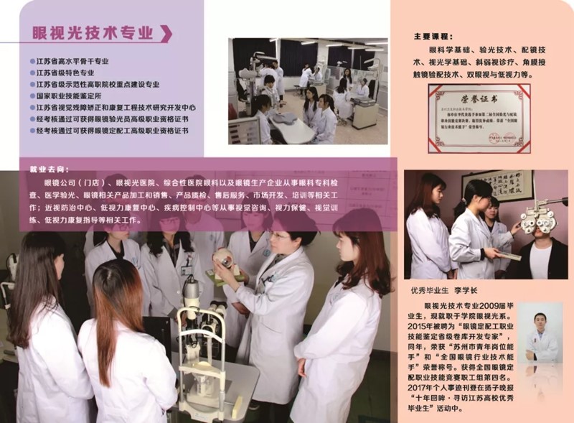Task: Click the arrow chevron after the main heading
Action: point(166,34)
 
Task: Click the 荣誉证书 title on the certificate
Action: point(480,96)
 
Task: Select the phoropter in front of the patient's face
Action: point(538,218)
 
